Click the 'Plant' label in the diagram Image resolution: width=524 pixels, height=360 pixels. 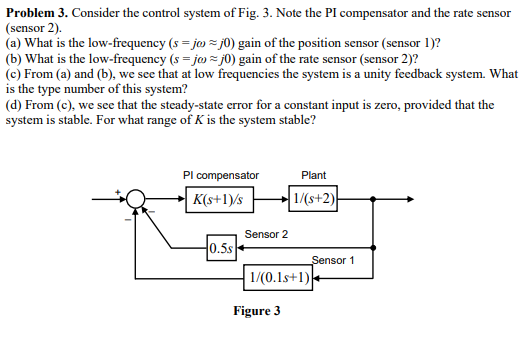[313, 175]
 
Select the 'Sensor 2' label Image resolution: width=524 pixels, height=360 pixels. [266, 233]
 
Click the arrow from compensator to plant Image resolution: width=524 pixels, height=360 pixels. [270, 198]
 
